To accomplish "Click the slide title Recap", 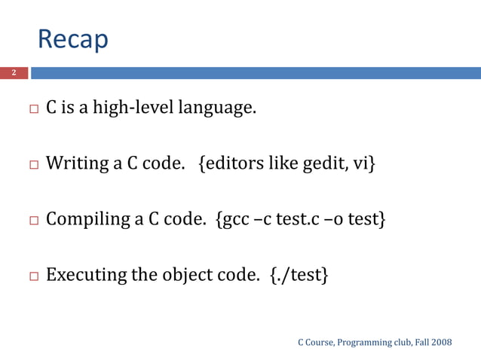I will tap(72, 39).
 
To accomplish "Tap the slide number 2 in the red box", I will tap(13, 73).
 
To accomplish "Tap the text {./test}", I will tap(299, 275).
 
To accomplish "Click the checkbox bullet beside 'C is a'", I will tap(33, 110).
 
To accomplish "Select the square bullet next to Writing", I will tap(33, 165).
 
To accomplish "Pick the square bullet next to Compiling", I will tap(33, 221).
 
